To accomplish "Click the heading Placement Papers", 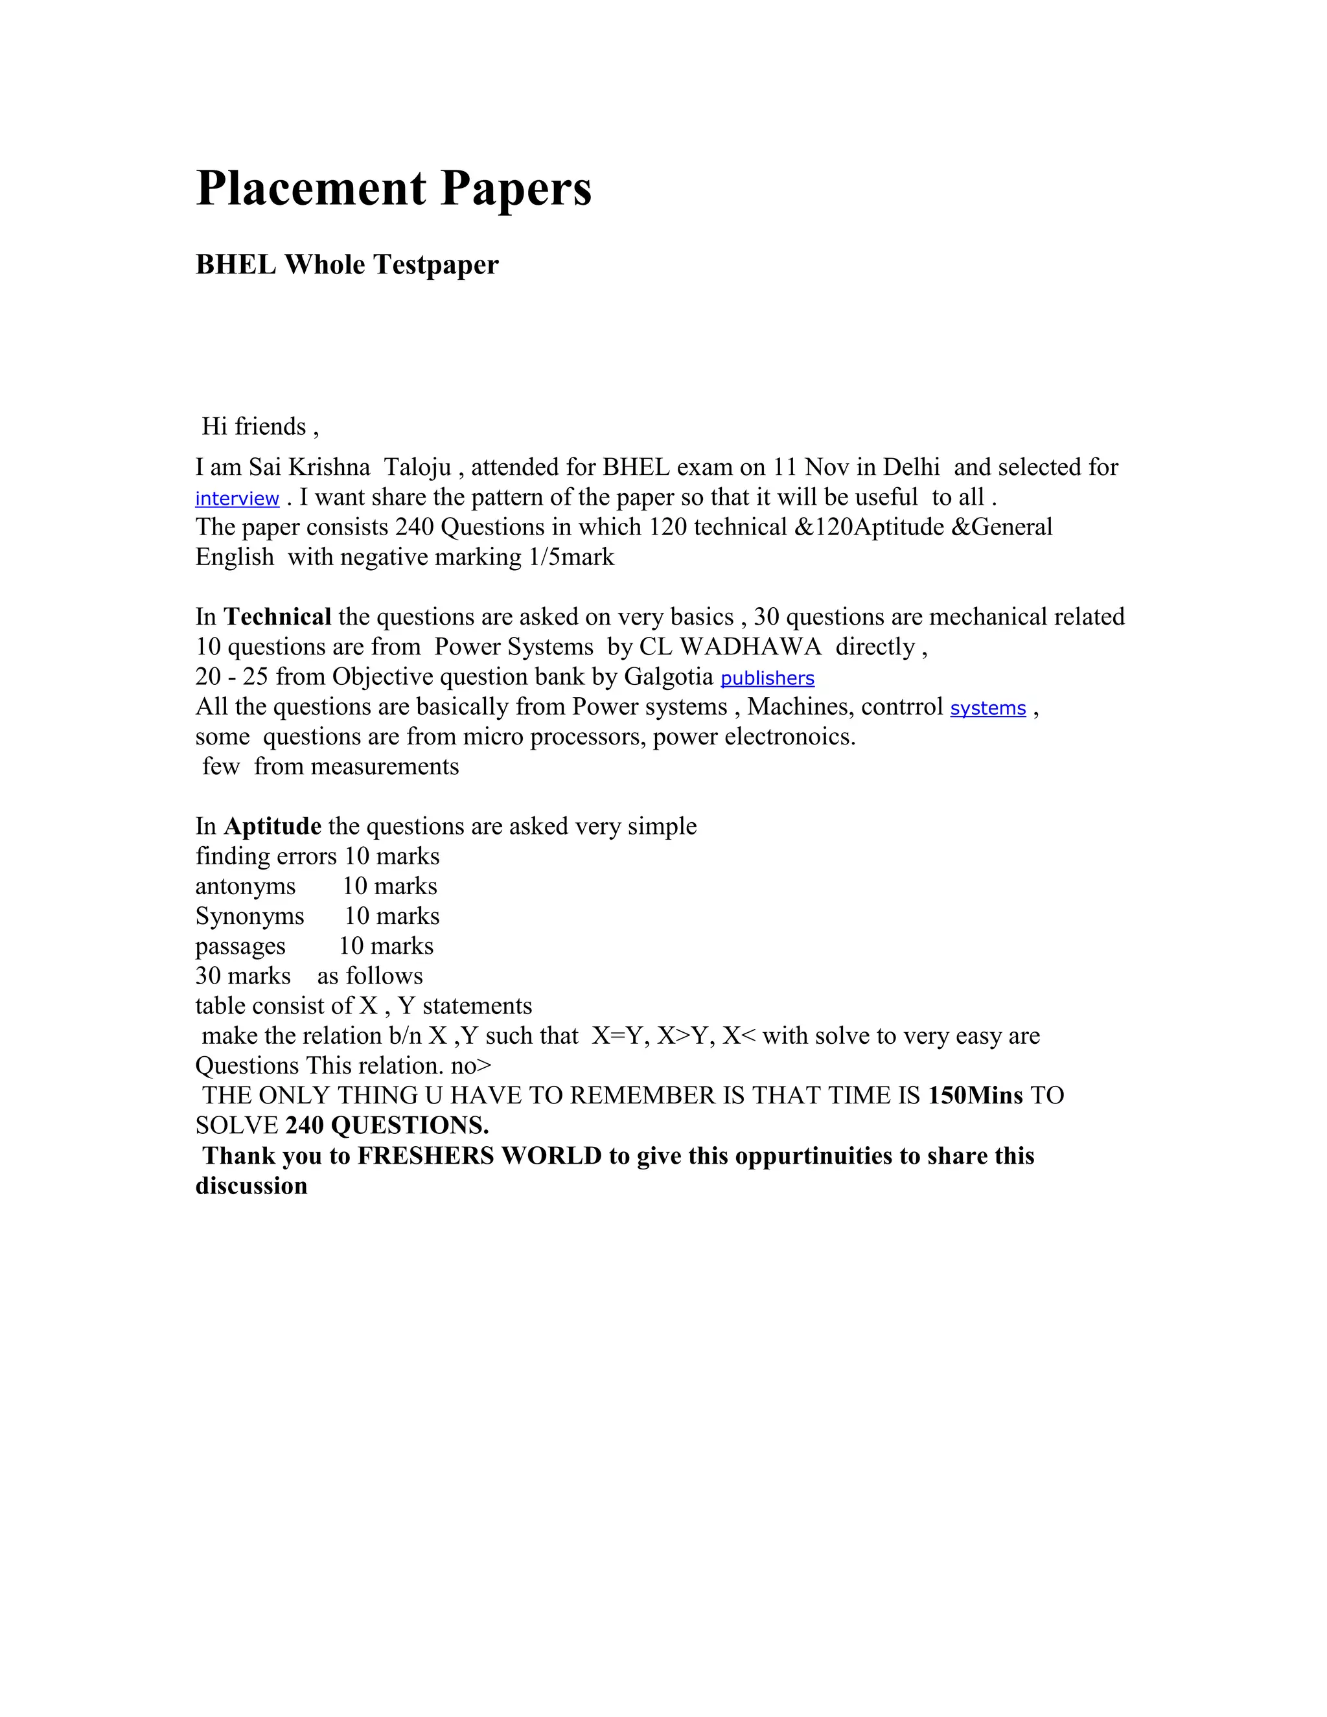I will [393, 188].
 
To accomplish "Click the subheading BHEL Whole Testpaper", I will [347, 265].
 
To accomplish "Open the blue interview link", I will [237, 498].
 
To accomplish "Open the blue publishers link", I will [767, 678].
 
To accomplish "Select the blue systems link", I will [987, 708].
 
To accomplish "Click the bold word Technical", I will [277, 617].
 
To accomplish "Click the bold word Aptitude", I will [272, 826].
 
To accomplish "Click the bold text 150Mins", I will [975, 1096].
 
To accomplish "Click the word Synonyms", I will [249, 917].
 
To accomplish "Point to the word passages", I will [240, 947].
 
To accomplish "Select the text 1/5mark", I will [571, 557].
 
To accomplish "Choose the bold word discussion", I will [251, 1186].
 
